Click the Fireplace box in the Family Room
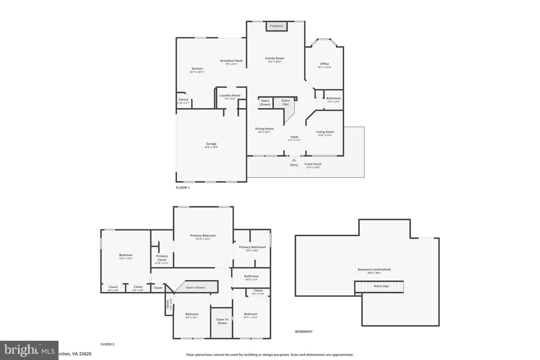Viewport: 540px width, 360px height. pyautogui.click(x=277, y=26)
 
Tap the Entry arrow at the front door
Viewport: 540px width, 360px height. pyautogui.click(x=294, y=160)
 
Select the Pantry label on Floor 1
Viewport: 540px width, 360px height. pyautogui.click(x=183, y=100)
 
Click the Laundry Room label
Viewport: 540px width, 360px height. pyautogui.click(x=230, y=96)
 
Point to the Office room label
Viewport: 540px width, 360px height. pyautogui.click(x=324, y=64)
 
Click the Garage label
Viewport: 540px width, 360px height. pyautogui.click(x=211, y=144)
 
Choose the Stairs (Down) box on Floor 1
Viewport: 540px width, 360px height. pyautogui.click(x=265, y=103)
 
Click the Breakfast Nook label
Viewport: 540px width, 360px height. pyautogui.click(x=231, y=61)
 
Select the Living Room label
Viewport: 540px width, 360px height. pyautogui.click(x=325, y=132)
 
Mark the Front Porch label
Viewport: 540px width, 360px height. pyautogui.click(x=313, y=164)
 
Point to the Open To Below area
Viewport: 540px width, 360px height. pyautogui.click(x=222, y=322)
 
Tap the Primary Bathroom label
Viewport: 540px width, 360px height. pyautogui.click(x=252, y=247)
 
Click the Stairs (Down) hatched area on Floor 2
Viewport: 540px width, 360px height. pyautogui.click(x=196, y=288)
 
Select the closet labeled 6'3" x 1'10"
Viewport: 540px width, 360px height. pyautogui.click(x=258, y=291)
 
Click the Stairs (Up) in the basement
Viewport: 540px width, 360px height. pyautogui.click(x=379, y=286)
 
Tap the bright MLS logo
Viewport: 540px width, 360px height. pyautogui.click(x=29, y=350)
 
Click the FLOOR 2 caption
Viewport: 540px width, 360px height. pyautogui.click(x=108, y=344)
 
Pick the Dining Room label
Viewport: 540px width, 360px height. pyautogui.click(x=264, y=129)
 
